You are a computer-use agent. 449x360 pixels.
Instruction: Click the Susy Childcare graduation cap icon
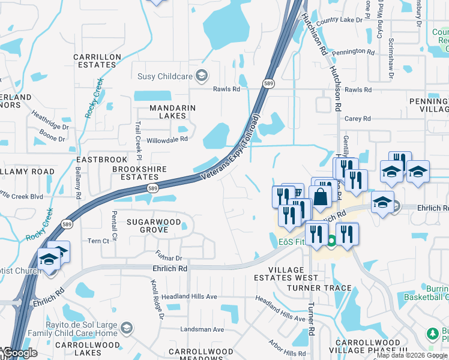(202, 76)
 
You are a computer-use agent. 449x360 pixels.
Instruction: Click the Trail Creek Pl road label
(137, 134)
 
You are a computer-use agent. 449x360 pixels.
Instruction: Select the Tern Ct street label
(99, 241)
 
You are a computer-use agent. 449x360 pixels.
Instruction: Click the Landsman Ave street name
(202, 329)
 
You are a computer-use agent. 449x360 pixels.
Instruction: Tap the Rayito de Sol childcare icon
(125, 328)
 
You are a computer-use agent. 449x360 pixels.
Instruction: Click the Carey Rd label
(357, 119)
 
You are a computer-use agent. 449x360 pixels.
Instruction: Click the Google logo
(20, 353)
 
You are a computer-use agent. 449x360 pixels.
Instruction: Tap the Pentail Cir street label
(113, 219)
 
